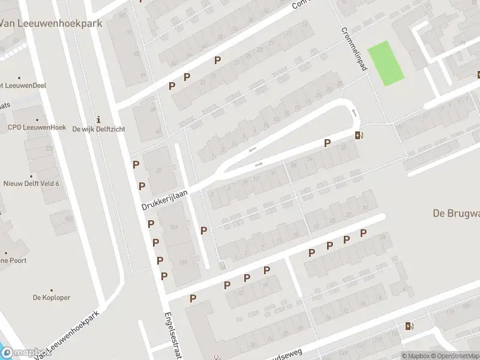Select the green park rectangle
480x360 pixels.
click(385, 63)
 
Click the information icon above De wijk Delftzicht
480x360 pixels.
click(98, 119)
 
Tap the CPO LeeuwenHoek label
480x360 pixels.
click(37, 127)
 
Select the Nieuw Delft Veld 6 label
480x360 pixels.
click(31, 184)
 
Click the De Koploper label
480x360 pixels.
click(52, 298)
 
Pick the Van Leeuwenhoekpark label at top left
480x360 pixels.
click(51, 23)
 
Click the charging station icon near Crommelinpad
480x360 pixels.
click(359, 135)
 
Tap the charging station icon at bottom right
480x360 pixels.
click(409, 326)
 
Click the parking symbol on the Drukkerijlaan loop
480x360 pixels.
click(327, 143)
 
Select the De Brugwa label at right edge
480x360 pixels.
click(456, 213)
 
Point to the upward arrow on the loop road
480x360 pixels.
click(354, 113)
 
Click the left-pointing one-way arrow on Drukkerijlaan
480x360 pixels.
click(253, 149)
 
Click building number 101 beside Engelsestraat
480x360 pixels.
click(175, 227)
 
